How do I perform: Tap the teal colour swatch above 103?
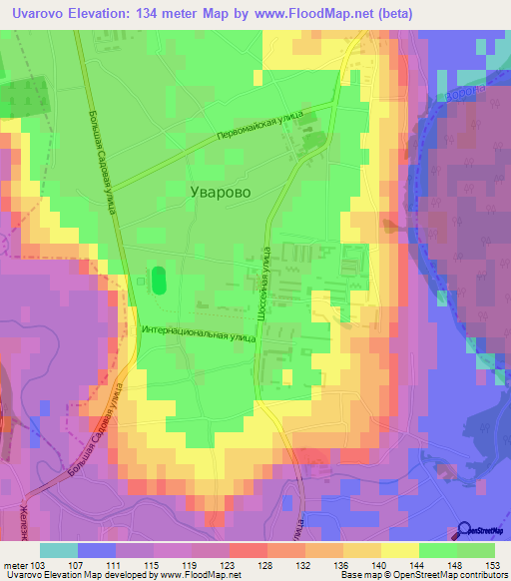59,550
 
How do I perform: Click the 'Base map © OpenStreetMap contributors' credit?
423,576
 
